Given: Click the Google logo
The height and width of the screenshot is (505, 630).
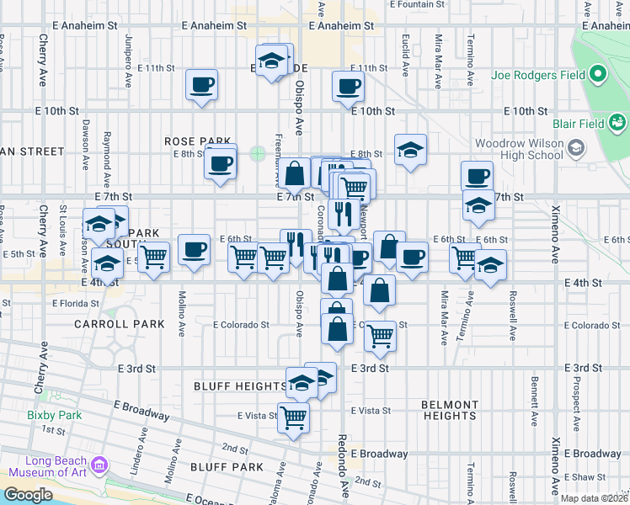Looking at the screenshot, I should pyautogui.click(x=29, y=495).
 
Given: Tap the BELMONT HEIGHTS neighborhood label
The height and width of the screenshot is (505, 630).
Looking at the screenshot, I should pyautogui.click(x=450, y=410).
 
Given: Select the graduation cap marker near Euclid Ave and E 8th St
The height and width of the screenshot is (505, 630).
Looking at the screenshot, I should pyautogui.click(x=410, y=150).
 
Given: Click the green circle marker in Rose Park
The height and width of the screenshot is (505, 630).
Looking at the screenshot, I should pyautogui.click(x=258, y=153).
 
